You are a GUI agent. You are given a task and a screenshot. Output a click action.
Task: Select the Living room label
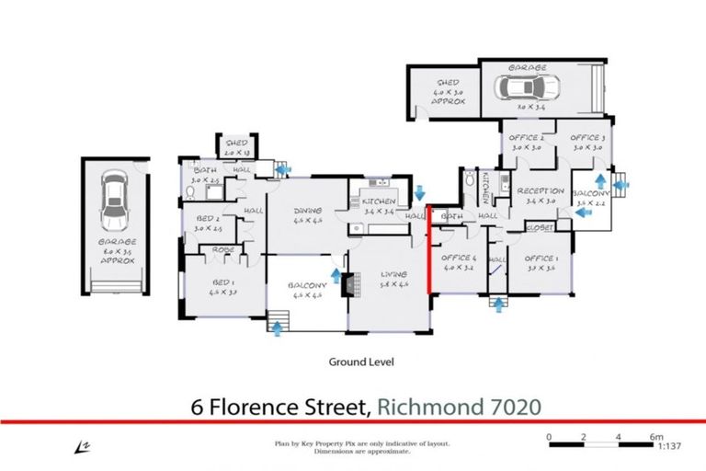coord(390,275)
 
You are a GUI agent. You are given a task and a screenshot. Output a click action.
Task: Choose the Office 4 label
coord(457,258)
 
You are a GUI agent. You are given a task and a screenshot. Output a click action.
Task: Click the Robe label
coord(222,249)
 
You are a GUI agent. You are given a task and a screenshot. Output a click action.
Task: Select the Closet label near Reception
coord(538,225)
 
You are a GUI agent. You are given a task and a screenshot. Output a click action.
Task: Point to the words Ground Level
coord(361,362)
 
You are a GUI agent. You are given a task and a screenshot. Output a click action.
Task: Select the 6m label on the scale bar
coord(656,436)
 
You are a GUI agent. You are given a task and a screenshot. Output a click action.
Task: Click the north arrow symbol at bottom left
coord(79,446)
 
